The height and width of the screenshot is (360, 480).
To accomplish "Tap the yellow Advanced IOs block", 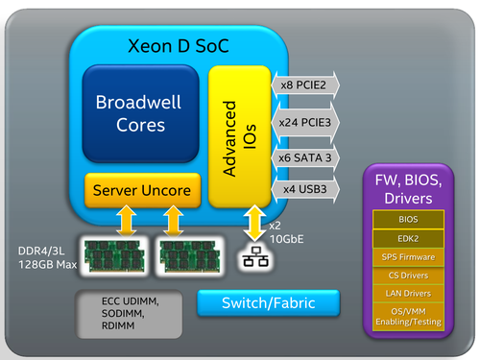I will click(x=234, y=136).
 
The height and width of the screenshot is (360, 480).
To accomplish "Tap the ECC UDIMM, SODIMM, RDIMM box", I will click(x=127, y=311).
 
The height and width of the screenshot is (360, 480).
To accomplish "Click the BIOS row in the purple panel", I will click(x=408, y=220).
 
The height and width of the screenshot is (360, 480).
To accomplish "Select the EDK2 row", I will click(x=408, y=238).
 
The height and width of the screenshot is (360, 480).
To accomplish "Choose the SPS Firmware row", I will click(x=408, y=256).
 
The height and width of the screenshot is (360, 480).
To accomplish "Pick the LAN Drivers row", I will click(x=408, y=293).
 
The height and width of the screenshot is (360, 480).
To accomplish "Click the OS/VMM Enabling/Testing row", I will click(x=408, y=315).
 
